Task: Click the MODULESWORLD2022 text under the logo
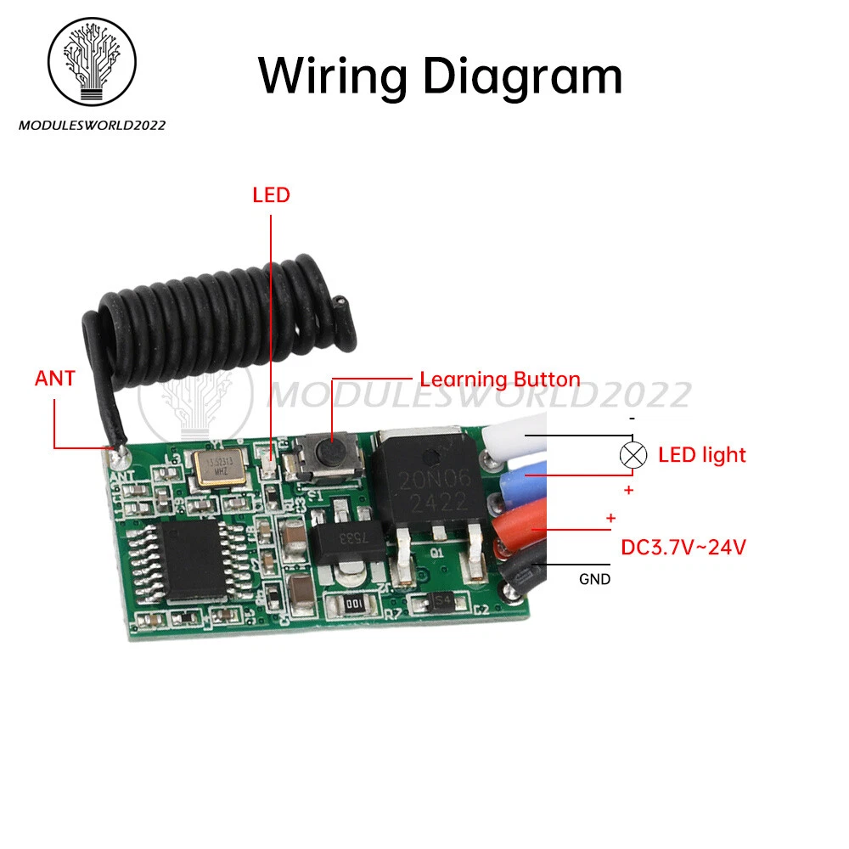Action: pos(92,126)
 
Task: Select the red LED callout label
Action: pos(271,195)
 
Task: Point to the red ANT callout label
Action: pos(55,379)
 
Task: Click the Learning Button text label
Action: pos(500,380)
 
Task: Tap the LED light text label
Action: pos(702,455)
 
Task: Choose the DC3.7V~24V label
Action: pos(683,548)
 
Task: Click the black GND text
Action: pos(594,581)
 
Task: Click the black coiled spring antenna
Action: pos(221,314)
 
